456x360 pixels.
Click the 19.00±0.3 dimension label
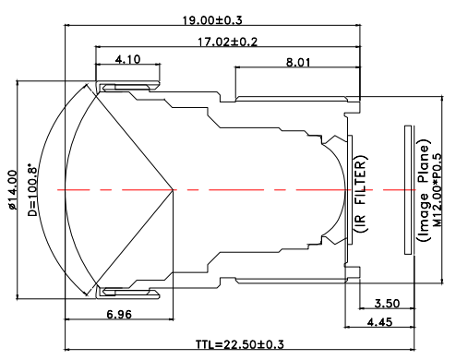pyautogui.click(x=212, y=20)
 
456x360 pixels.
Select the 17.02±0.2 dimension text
pyautogui.click(x=227, y=42)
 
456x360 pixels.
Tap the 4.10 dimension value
pyautogui.click(x=128, y=59)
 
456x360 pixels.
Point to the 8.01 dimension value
pyautogui.click(x=298, y=63)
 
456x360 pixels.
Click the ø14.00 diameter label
pyautogui.click(x=12, y=190)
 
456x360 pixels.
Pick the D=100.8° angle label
pyautogui.click(x=32, y=190)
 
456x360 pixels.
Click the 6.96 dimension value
pyautogui.click(x=119, y=315)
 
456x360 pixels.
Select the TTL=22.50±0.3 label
pyautogui.click(x=240, y=344)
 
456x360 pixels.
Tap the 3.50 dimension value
pyautogui.click(x=387, y=304)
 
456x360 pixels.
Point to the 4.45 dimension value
pyautogui.click(x=380, y=322)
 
